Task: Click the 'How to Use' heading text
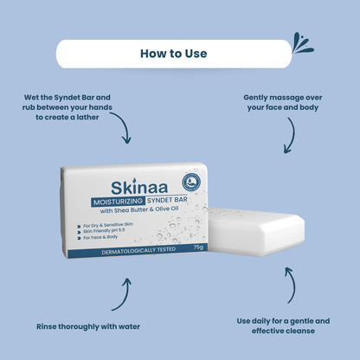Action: click(x=173, y=54)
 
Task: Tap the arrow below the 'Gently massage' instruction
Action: click(x=290, y=134)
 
